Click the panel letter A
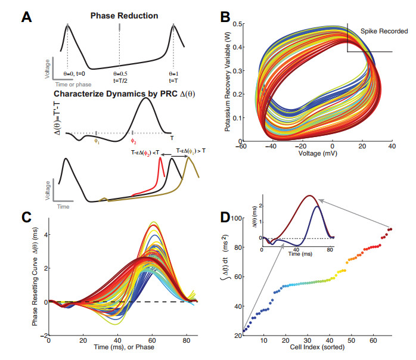point(27,17)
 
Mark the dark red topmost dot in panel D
point(390,228)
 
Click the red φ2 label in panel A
point(134,141)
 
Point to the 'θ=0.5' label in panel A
point(120,70)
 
